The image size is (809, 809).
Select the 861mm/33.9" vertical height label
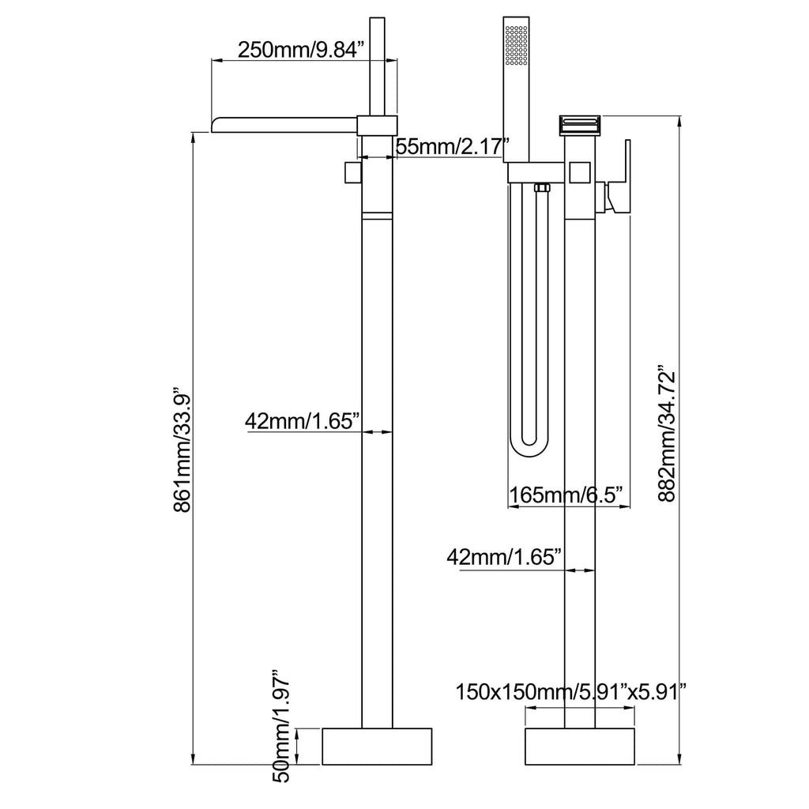[182, 449]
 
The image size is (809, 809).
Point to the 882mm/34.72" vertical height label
[667, 434]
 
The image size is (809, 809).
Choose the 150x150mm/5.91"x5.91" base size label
[570, 692]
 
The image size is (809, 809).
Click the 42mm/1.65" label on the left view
[302, 422]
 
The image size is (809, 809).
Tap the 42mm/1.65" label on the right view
[504, 557]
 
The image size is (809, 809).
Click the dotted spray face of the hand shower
[516, 45]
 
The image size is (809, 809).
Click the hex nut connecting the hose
[541, 188]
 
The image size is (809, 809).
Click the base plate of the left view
[377, 747]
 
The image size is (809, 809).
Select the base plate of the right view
[579, 747]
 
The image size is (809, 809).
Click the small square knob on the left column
[353, 171]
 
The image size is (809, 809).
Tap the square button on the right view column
[579, 172]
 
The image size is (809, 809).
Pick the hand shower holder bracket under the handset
[536, 173]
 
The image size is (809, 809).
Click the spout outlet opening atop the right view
[580, 124]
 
